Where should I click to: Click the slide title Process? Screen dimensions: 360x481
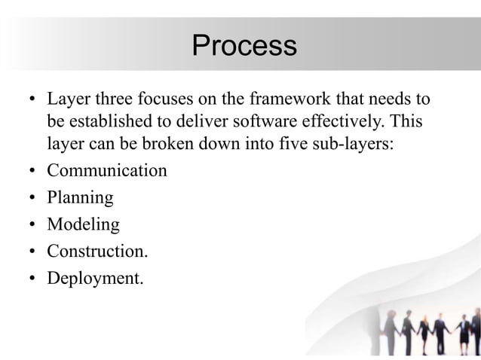244,46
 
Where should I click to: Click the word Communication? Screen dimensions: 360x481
107,171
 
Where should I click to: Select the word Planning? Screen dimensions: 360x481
80,198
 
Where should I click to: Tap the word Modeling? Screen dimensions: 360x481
83,224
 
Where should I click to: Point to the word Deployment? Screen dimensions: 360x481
94,278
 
